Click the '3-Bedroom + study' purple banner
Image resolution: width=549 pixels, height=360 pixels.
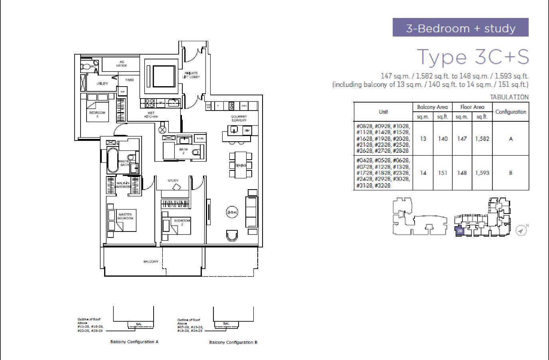[460, 28]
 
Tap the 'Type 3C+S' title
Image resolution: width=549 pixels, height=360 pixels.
[473, 57]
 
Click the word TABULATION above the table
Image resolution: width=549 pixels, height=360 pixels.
[509, 97]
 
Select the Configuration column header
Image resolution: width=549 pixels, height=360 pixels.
[510, 112]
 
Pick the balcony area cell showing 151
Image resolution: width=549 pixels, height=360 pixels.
[442, 173]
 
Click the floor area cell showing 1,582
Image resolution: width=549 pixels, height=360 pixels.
[482, 139]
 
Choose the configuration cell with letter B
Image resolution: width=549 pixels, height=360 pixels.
[511, 173]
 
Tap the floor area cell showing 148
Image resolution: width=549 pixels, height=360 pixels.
[462, 173]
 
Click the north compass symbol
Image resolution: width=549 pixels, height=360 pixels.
[521, 230]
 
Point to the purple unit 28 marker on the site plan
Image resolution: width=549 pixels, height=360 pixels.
[460, 231]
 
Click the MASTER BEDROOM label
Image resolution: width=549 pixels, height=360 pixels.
[125, 217]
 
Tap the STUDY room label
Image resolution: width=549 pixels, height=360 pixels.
[173, 181]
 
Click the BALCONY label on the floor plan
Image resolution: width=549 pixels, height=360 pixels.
[151, 262]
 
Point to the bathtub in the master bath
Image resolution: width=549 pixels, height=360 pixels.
[112, 160]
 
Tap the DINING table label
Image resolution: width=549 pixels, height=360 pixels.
[241, 165]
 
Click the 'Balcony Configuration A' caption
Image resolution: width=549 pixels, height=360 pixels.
[134, 342]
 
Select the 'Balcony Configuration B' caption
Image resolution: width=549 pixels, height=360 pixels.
[233, 342]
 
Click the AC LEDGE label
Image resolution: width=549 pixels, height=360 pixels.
[122, 64]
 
